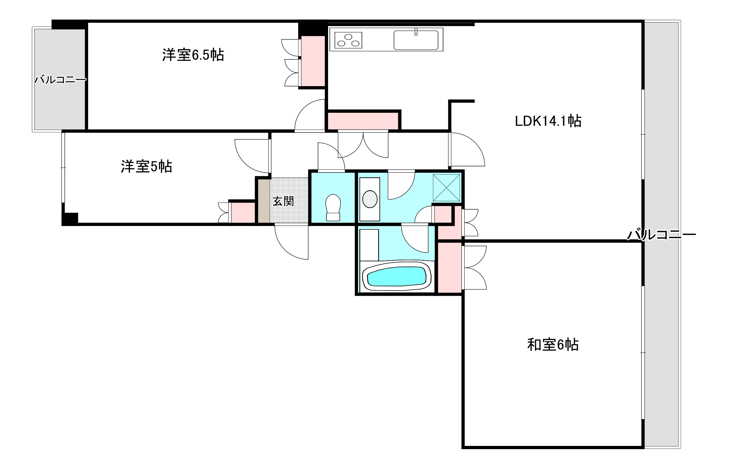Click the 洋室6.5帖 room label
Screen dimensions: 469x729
(x=193, y=55)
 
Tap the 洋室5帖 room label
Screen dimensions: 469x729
(x=146, y=166)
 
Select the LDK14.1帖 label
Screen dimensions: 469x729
(x=548, y=121)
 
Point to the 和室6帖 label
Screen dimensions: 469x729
(x=553, y=345)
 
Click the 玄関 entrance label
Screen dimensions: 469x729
(x=283, y=201)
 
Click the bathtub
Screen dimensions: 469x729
(x=396, y=276)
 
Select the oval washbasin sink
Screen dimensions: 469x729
(x=370, y=199)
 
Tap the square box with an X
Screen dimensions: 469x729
(x=446, y=188)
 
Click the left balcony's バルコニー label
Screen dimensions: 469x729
(x=60, y=80)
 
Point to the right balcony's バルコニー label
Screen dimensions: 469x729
(x=661, y=235)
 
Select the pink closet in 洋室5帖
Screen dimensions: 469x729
(x=243, y=212)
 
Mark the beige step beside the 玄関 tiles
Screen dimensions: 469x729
(x=264, y=201)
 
